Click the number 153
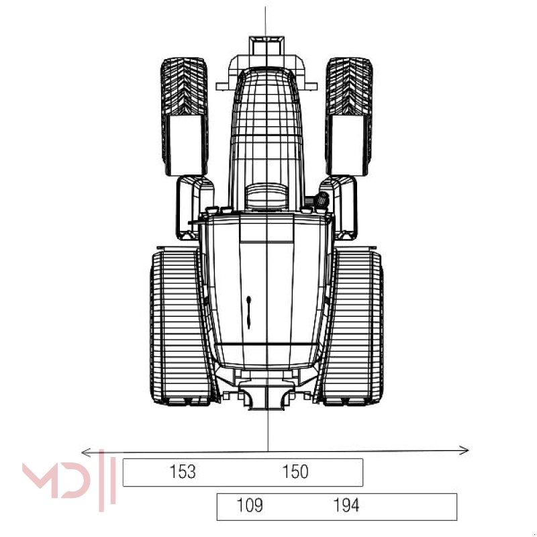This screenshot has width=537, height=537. click(183, 472)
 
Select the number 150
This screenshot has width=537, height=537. click(295, 472)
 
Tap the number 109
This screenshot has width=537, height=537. click(249, 505)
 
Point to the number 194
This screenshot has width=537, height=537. click(346, 505)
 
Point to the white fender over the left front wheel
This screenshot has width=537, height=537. click(184, 144)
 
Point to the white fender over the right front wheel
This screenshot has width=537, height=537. click(348, 144)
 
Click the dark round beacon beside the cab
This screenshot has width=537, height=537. click(322, 199)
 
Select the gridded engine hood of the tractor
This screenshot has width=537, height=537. click(267, 128)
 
